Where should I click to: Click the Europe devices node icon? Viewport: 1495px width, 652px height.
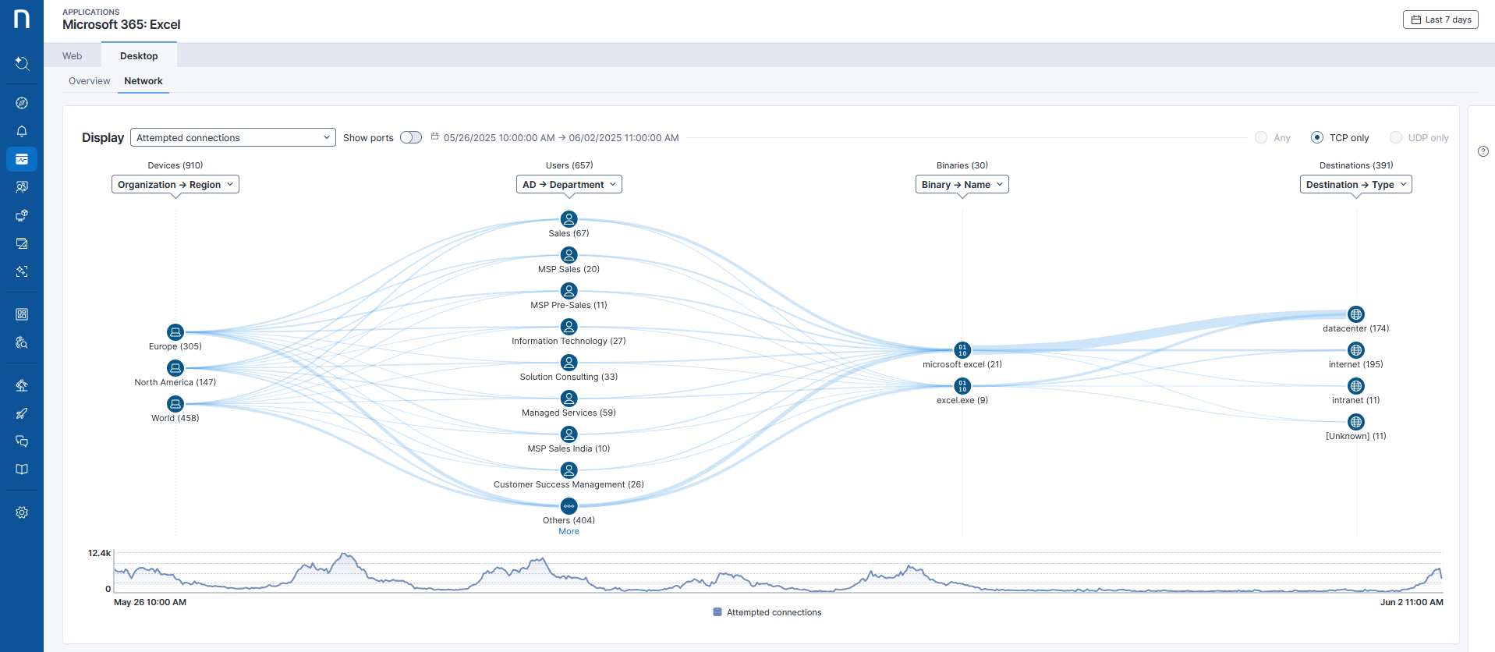pyautogui.click(x=175, y=332)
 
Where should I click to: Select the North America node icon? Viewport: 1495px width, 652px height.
pyautogui.click(x=175, y=368)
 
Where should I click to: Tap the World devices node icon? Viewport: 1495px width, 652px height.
pyautogui.click(x=175, y=404)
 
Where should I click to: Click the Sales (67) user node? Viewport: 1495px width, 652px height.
pyautogui.click(x=569, y=219)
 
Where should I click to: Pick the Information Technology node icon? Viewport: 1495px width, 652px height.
pyautogui.click(x=569, y=327)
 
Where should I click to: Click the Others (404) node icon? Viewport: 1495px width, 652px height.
pyautogui.click(x=569, y=506)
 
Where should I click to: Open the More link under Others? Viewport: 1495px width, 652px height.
pyautogui.click(x=569, y=532)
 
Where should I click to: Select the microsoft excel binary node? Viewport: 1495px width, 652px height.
pyautogui.click(x=962, y=350)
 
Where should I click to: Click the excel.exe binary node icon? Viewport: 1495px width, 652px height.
pyautogui.click(x=962, y=386)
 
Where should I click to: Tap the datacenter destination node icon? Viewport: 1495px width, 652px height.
pyautogui.click(x=1356, y=314)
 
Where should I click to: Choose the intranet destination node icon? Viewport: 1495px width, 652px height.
pyautogui.click(x=1356, y=386)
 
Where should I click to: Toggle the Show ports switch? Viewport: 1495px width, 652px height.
pyautogui.click(x=411, y=138)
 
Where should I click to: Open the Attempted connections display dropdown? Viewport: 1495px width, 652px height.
pyautogui.click(x=232, y=138)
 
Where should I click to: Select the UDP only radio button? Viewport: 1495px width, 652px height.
pyautogui.click(x=1396, y=138)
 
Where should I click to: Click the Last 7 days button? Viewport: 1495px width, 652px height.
pyautogui.click(x=1440, y=20)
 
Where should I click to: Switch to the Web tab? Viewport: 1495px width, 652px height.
pyautogui.click(x=73, y=56)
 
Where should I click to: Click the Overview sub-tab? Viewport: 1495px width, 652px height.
pyautogui.click(x=89, y=81)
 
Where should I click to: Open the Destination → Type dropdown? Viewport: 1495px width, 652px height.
pyautogui.click(x=1355, y=185)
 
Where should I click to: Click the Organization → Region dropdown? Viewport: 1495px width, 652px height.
pyautogui.click(x=175, y=185)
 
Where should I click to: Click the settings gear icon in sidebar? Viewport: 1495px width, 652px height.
pyautogui.click(x=22, y=512)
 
